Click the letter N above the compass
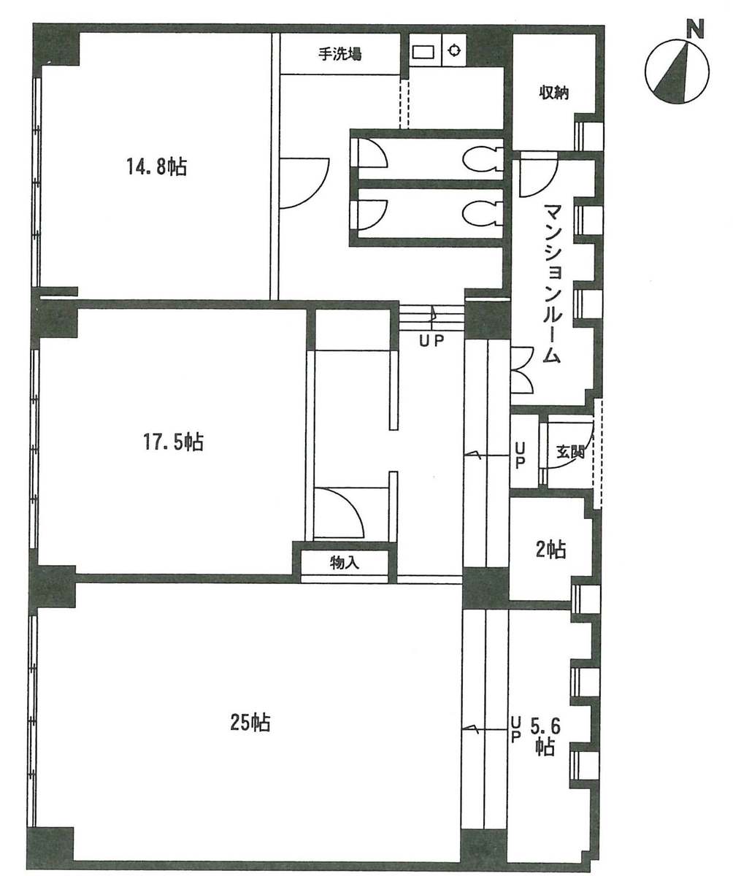tap(696, 29)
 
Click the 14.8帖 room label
tap(156, 167)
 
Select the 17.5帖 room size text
tap(172, 442)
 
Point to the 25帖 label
tap(250, 723)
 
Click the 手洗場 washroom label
tap(340, 53)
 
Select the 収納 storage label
tap(554, 93)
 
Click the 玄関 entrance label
tap(571, 451)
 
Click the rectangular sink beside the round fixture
tap(423, 51)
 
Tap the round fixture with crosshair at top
tap(454, 50)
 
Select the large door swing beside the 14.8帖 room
tap(302, 182)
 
